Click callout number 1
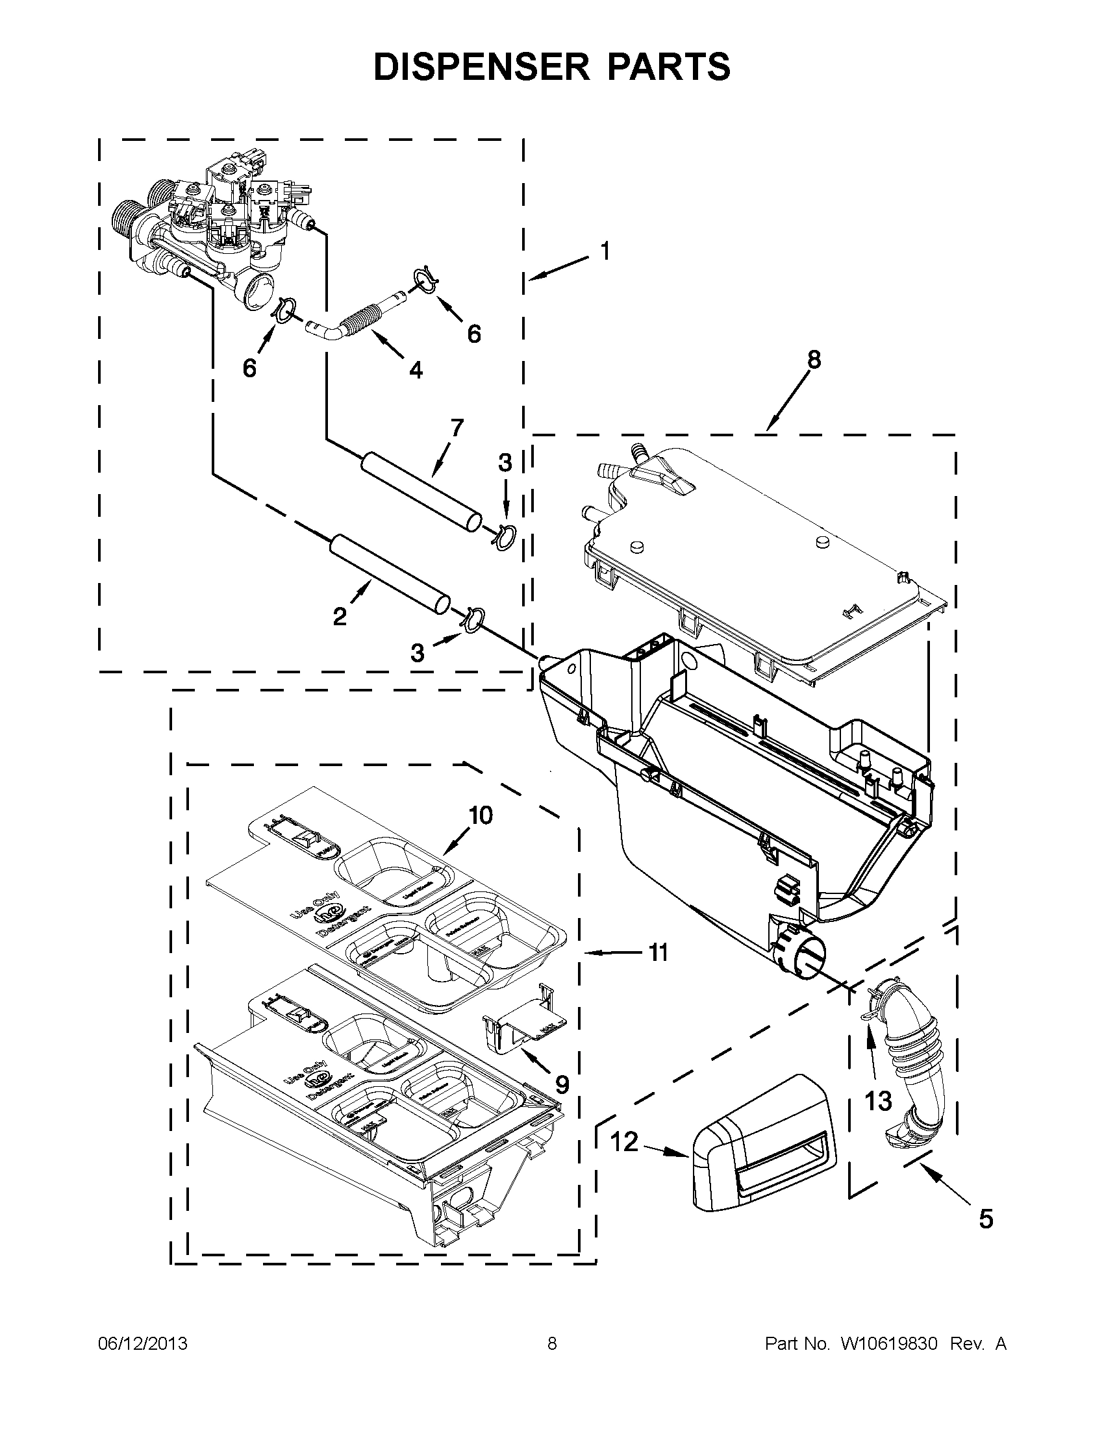pyautogui.click(x=605, y=251)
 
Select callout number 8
pyautogui.click(x=814, y=359)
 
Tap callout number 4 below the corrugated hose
pyautogui.click(x=416, y=369)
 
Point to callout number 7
pyautogui.click(x=456, y=428)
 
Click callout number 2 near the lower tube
pyautogui.click(x=340, y=615)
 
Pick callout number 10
pyautogui.click(x=481, y=815)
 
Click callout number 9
pyautogui.click(x=562, y=1085)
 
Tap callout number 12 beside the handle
pyautogui.click(x=623, y=1143)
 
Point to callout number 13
pyautogui.click(x=878, y=1100)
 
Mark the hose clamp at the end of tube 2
pyautogui.click(x=474, y=617)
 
